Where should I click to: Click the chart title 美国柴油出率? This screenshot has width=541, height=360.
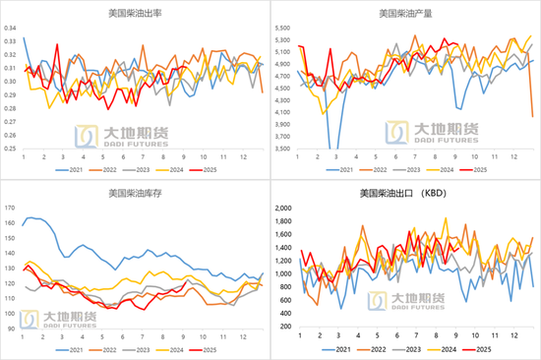tap(136, 14)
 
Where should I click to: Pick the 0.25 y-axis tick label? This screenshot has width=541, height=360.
tap(11, 149)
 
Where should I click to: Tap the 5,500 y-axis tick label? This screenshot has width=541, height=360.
tap(283, 29)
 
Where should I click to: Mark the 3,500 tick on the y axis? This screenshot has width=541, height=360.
tap(283, 149)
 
